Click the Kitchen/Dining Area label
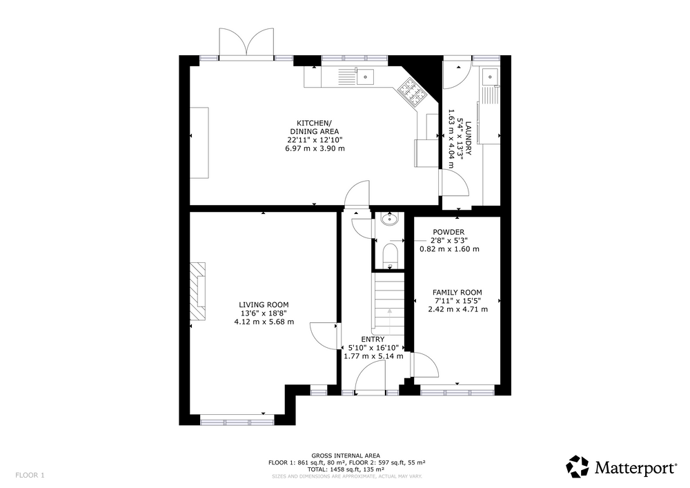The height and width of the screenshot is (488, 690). tap(314, 127)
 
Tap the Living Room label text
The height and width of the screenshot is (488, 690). tap(264, 304)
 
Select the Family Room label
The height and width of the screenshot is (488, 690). tap(457, 292)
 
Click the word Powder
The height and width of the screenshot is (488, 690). tap(448, 232)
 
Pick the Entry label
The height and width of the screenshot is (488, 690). tap(373, 340)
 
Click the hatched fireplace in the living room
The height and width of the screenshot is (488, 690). tap(197, 292)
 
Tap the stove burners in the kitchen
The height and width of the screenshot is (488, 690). tap(413, 92)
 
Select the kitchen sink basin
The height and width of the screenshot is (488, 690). tap(365, 77)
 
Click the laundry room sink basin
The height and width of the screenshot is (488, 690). tap(490, 77)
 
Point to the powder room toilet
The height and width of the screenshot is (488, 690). tap(390, 256)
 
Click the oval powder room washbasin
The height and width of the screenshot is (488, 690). tap(389, 219)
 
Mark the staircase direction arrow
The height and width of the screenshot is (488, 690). tap(389, 322)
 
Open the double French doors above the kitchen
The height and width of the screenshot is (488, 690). tap(247, 43)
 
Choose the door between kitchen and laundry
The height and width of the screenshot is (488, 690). tap(454, 183)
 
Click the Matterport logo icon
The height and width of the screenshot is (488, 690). tap(578, 467)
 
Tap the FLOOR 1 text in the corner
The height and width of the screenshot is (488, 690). tap(30, 476)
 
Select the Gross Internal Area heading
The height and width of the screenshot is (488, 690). tap(346, 456)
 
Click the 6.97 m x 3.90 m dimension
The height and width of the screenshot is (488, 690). tap(315, 148)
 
